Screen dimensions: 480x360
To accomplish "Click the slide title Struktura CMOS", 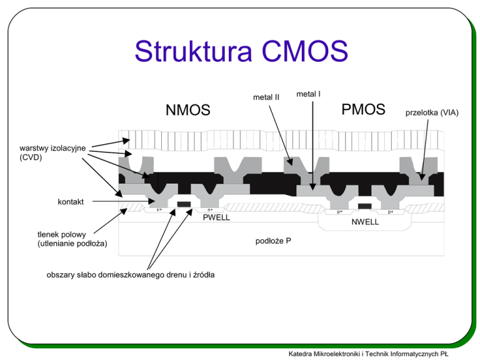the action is (x=241, y=51).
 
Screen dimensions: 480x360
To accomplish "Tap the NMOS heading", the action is (x=188, y=110).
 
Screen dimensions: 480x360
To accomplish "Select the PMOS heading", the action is (x=363, y=109).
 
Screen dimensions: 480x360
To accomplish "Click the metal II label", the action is (x=266, y=97).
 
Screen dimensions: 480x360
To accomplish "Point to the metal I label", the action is (x=308, y=94).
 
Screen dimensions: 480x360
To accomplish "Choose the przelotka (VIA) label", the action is (x=432, y=113).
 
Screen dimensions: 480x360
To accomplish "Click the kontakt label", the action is (x=71, y=202).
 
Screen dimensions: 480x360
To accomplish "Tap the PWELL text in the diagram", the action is (x=216, y=217).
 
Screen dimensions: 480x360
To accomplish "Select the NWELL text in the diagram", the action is (x=365, y=222).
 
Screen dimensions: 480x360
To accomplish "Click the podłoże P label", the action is (x=273, y=241).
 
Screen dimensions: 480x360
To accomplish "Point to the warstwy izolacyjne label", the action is (x=52, y=148).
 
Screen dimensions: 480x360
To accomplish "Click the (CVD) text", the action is (x=31, y=157).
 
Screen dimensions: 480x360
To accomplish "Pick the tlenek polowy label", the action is (x=61, y=234).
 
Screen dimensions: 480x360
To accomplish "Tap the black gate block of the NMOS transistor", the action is (x=184, y=204).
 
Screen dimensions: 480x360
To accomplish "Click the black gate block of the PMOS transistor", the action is (x=365, y=206).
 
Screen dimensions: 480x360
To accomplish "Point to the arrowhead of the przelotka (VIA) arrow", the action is (x=422, y=177).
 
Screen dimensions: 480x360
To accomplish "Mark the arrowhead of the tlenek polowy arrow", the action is (x=124, y=211).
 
